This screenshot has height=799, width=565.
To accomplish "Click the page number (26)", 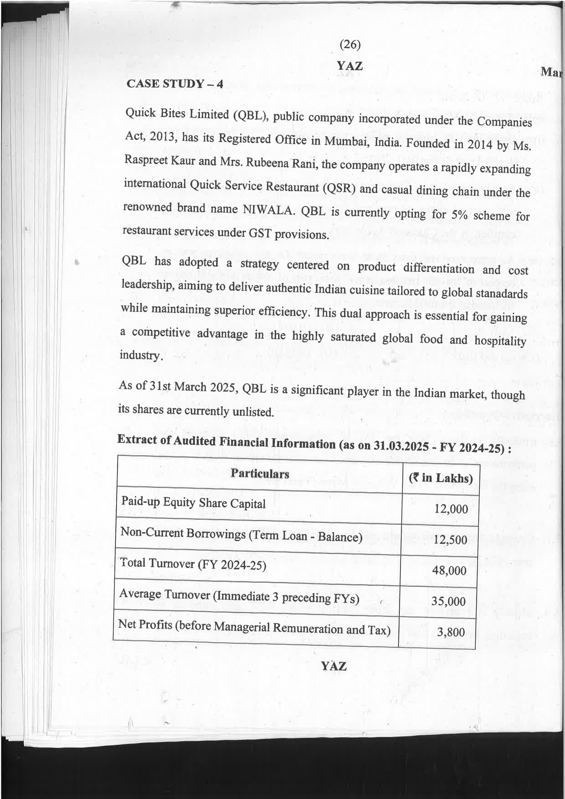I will point(350,45).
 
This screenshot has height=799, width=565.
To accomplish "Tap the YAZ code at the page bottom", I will point(334,666).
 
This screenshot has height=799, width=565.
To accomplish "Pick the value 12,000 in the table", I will point(451,509).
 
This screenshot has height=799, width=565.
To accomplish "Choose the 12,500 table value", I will point(450,540).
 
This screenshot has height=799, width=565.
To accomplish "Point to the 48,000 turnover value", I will point(449,571).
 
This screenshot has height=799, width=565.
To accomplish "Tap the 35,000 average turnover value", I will point(448,602).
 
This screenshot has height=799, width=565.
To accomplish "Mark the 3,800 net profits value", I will point(451,632).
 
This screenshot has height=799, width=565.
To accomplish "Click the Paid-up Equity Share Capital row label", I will point(193,503).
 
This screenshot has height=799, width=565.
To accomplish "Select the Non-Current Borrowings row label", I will point(241,535).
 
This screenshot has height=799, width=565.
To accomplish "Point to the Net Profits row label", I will point(254,627).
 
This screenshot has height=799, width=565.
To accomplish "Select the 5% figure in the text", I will point(457,215).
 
